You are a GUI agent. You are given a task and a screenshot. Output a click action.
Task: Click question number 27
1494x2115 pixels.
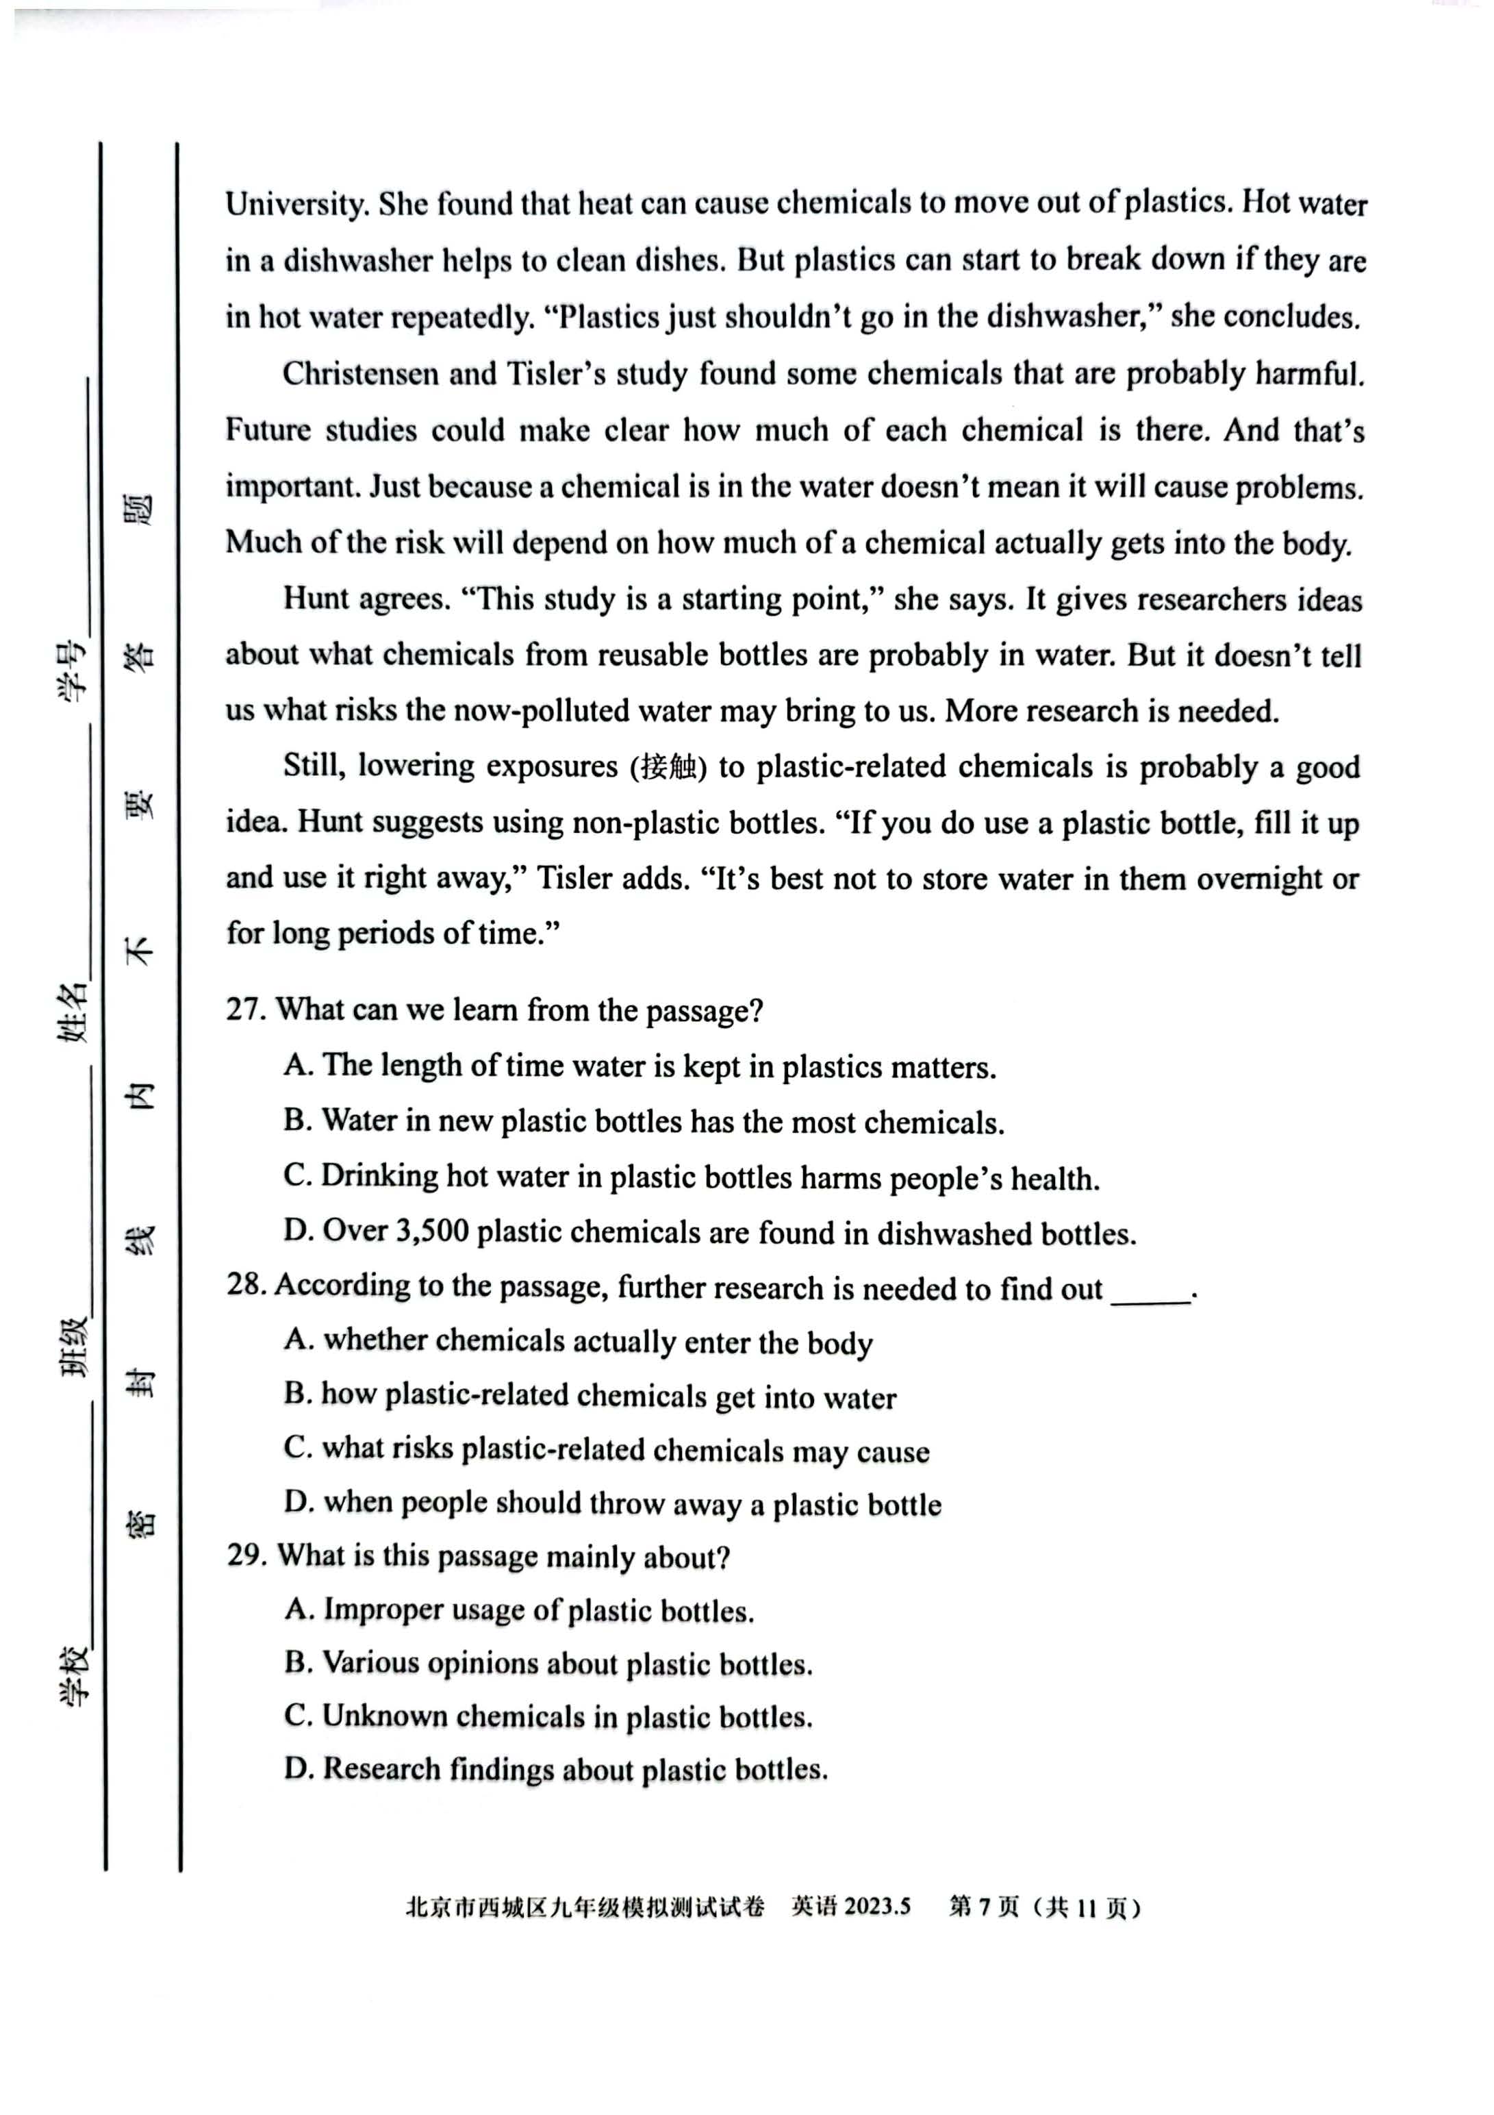(x=246, y=1010)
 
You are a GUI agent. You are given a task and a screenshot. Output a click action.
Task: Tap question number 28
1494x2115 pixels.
(x=246, y=1285)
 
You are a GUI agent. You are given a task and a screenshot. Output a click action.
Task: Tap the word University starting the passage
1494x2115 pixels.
(x=296, y=203)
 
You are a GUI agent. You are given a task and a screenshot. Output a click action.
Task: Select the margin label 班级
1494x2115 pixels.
(x=74, y=1346)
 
